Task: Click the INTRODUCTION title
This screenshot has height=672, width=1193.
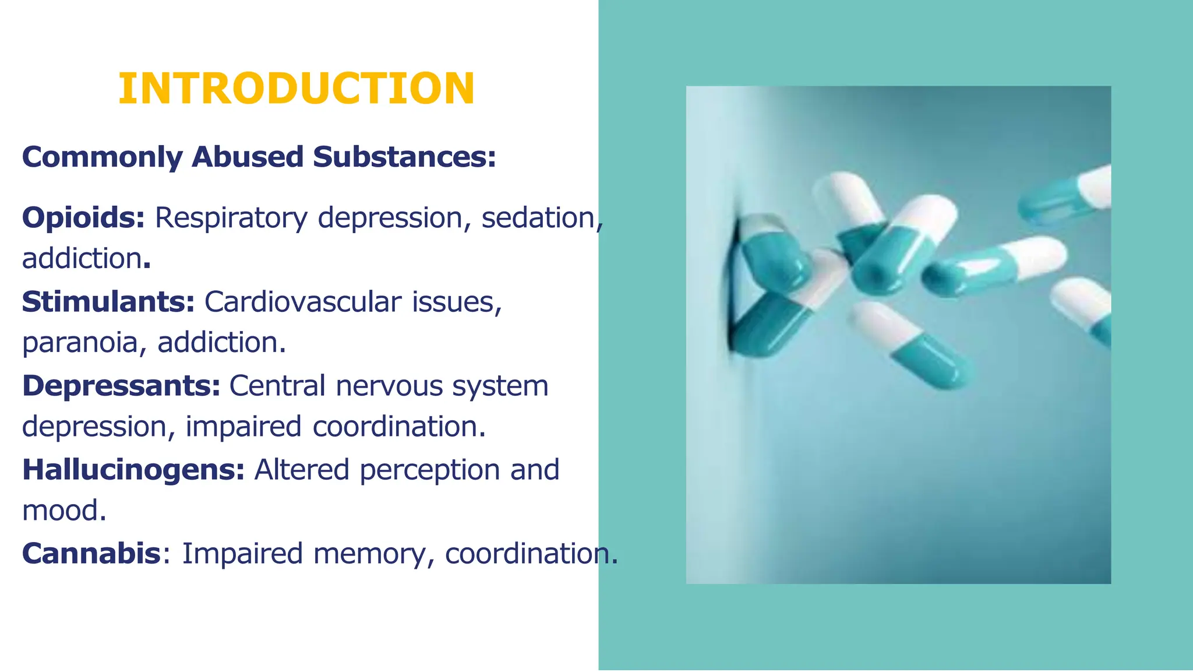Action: pyautogui.click(x=297, y=89)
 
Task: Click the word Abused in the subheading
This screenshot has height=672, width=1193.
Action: pyautogui.click(x=248, y=157)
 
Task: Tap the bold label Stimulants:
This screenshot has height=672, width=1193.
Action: pyautogui.click(x=108, y=302)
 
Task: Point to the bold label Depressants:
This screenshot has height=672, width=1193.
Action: pyautogui.click(x=121, y=386)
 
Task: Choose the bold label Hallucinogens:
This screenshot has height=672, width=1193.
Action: pyautogui.click(x=133, y=470)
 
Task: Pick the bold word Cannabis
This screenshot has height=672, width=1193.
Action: pyautogui.click(x=91, y=554)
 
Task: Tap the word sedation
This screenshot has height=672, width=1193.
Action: pyautogui.click(x=539, y=217)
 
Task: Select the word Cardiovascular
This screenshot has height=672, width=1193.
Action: pyautogui.click(x=303, y=302)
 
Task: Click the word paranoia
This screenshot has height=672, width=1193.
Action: pyautogui.click(x=80, y=343)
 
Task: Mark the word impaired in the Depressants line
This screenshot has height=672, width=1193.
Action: pyautogui.click(x=243, y=427)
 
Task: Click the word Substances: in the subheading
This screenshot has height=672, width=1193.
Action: pyautogui.click(x=404, y=157)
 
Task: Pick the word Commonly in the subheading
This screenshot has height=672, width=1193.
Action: pyautogui.click(x=103, y=157)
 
